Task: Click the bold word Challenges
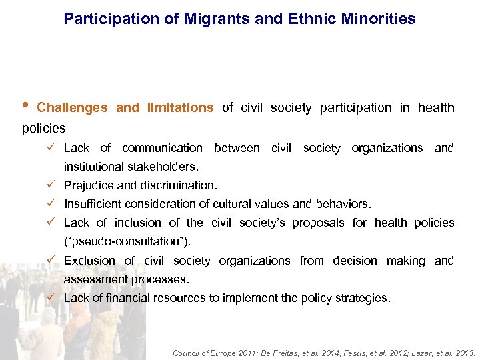point(72,108)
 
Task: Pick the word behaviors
point(345,204)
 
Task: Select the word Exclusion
point(89,261)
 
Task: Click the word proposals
point(320,223)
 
